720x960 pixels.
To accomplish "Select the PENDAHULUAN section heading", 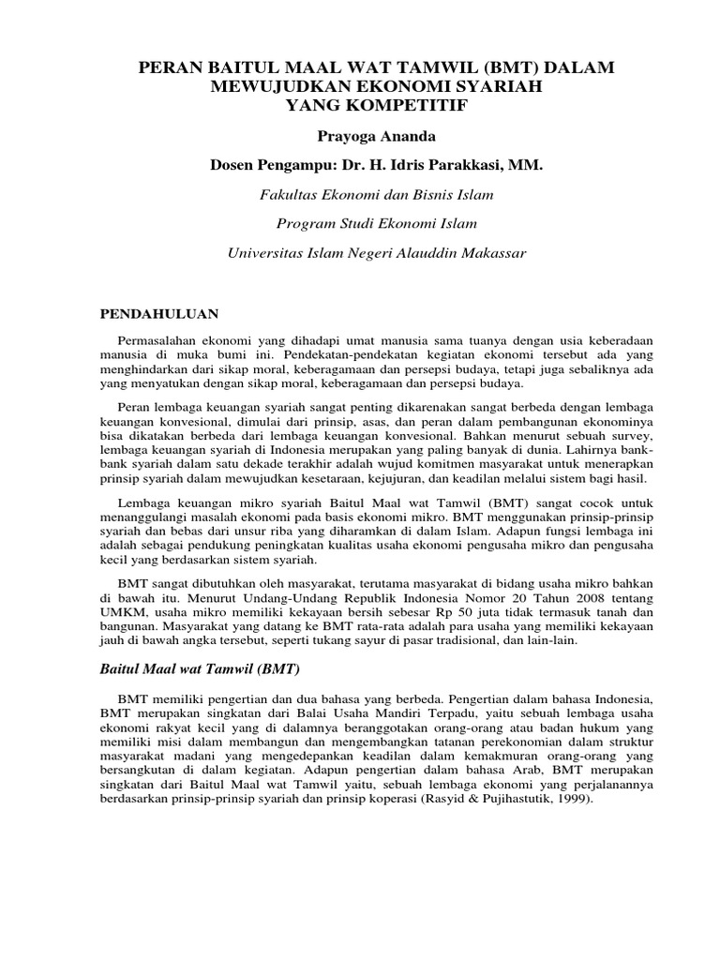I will point(158,312).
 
